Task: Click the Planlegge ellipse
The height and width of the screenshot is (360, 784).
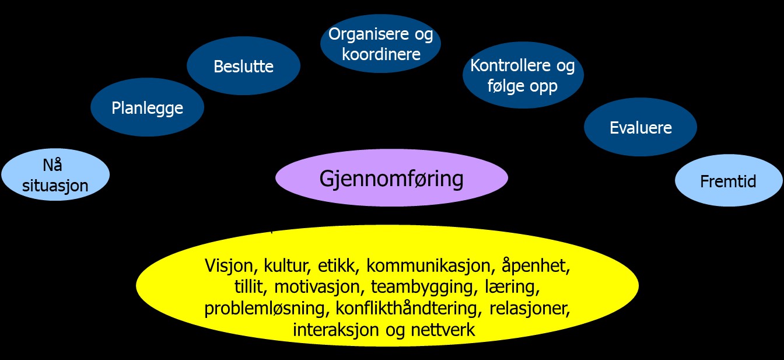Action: click(x=147, y=107)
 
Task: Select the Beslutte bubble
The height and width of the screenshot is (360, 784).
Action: click(x=243, y=66)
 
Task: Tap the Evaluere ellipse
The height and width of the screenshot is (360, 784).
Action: click(x=640, y=127)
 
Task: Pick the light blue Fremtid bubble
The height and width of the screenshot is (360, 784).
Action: click(x=728, y=181)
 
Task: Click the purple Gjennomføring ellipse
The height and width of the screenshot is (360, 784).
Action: click(x=391, y=178)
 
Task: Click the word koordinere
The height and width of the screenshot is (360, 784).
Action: click(x=381, y=54)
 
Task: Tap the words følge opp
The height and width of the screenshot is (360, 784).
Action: click(x=523, y=86)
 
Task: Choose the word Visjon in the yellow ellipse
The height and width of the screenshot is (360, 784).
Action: click(x=230, y=266)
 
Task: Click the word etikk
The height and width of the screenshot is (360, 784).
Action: click(x=339, y=266)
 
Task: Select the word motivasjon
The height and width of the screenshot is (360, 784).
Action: click(x=318, y=288)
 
